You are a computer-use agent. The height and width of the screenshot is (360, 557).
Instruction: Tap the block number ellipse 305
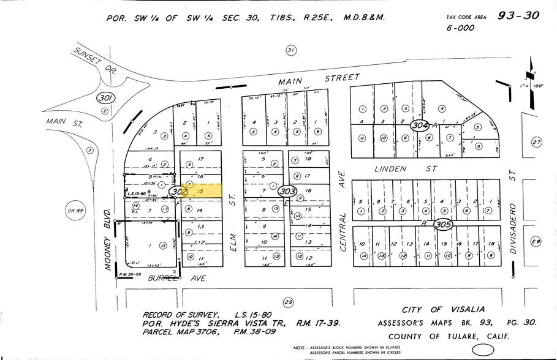pyautogui.click(x=442, y=225)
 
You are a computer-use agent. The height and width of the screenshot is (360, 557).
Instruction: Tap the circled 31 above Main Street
pyautogui.click(x=291, y=50)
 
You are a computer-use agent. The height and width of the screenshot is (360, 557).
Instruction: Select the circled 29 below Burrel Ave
pyautogui.click(x=288, y=302)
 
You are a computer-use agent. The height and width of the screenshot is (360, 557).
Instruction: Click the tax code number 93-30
pyautogui.click(x=517, y=17)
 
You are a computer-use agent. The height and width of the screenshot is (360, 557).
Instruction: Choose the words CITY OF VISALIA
pyautogui.click(x=443, y=310)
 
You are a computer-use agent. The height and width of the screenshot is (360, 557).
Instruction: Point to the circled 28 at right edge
pyautogui.click(x=537, y=241)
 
